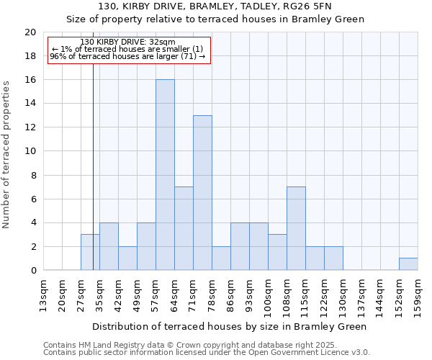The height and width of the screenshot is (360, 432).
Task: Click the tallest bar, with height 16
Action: pyautogui.click(x=165, y=175)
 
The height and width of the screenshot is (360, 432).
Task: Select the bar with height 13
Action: pyautogui.click(x=202, y=193)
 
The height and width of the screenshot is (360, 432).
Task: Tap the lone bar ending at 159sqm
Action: pyautogui.click(x=408, y=264)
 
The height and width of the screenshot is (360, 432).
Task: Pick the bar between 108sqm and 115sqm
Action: pyautogui.click(x=296, y=228)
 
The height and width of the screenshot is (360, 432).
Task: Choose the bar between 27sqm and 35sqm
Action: pyautogui.click(x=90, y=252)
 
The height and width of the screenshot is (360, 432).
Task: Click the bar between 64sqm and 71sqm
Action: pyautogui.click(x=184, y=228)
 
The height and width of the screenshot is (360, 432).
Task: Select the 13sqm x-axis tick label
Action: pyautogui.click(x=43, y=294)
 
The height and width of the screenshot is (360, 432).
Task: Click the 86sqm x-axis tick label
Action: pyautogui.click(x=230, y=294)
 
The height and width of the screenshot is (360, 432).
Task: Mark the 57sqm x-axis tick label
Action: pyautogui.click(x=156, y=294)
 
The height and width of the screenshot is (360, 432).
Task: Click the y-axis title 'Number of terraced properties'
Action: pyautogui.click(x=6, y=154)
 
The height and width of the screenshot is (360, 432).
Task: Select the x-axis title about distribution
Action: pyautogui.click(x=230, y=326)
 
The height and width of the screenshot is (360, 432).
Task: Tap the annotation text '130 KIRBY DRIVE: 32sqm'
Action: pyautogui.click(x=127, y=42)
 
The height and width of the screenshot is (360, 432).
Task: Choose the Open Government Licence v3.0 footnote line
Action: pyautogui.click(x=206, y=353)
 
